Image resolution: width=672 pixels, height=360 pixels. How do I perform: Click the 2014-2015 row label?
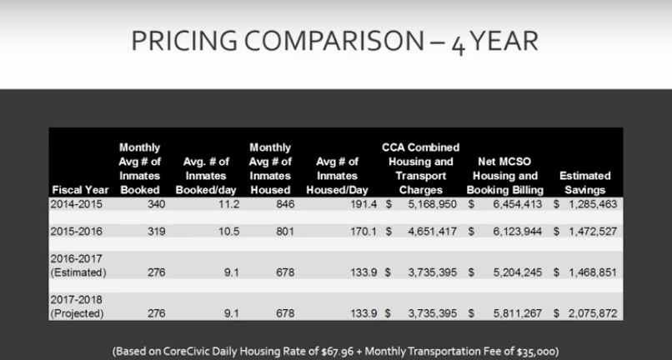coord(75,202)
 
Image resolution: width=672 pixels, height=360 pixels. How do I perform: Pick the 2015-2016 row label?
coord(75,234)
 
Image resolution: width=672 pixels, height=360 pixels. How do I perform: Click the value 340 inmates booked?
coord(138,202)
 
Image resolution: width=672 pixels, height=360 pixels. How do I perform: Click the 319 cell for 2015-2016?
coord(138,234)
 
